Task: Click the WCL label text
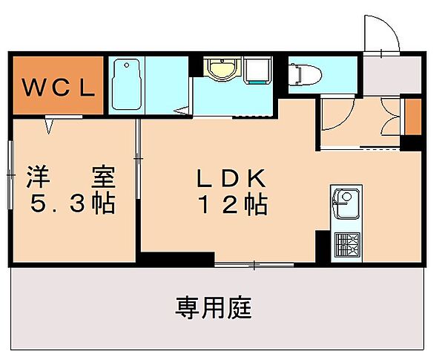tap(58, 88)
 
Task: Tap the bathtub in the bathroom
tap(126, 84)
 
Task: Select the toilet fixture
tap(305, 75)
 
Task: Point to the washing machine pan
tap(257, 71)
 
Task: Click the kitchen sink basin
tap(346, 203)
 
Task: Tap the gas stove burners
tap(347, 244)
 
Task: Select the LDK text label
tap(231, 178)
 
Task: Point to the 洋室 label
tap(71, 177)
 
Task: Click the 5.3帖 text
tap(73, 203)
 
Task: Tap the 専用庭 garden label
tap(214, 308)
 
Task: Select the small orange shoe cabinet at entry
tap(413, 117)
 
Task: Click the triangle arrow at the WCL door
tap(49, 126)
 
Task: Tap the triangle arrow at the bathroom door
tap(182, 111)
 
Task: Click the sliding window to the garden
tap(254, 265)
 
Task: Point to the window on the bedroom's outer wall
tap(10, 174)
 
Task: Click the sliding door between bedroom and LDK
tap(138, 159)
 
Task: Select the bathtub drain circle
tap(127, 65)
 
